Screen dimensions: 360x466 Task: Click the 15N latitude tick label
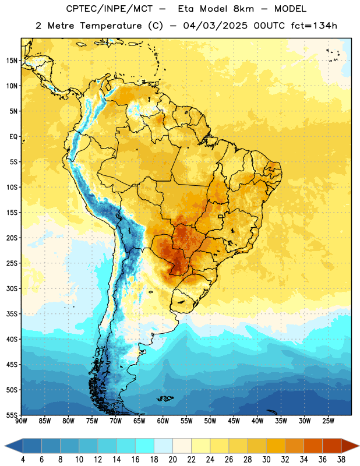[12, 61]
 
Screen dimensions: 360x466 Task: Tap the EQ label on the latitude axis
[13, 137]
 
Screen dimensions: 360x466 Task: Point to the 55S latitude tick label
[12, 415]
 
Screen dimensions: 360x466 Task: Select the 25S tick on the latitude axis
[12, 263]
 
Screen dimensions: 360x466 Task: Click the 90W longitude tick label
[21, 421]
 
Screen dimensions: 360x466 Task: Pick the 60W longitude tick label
[163, 421]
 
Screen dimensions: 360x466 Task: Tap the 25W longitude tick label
[329, 421]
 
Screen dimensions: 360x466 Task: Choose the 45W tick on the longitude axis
[234, 421]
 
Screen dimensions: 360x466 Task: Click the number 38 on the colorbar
[341, 460]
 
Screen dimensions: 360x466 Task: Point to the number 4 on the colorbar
[23, 460]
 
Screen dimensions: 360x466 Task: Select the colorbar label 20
[172, 460]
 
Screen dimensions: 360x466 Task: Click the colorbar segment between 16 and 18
[145, 446]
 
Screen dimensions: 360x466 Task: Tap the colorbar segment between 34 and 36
[313, 446]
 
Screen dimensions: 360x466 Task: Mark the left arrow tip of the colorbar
[5, 446]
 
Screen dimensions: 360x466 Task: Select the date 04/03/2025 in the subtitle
[215, 26]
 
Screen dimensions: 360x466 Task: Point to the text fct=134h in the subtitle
[314, 26]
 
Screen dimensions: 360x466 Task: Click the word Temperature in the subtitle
[111, 26]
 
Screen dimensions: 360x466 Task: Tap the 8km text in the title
[243, 9]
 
